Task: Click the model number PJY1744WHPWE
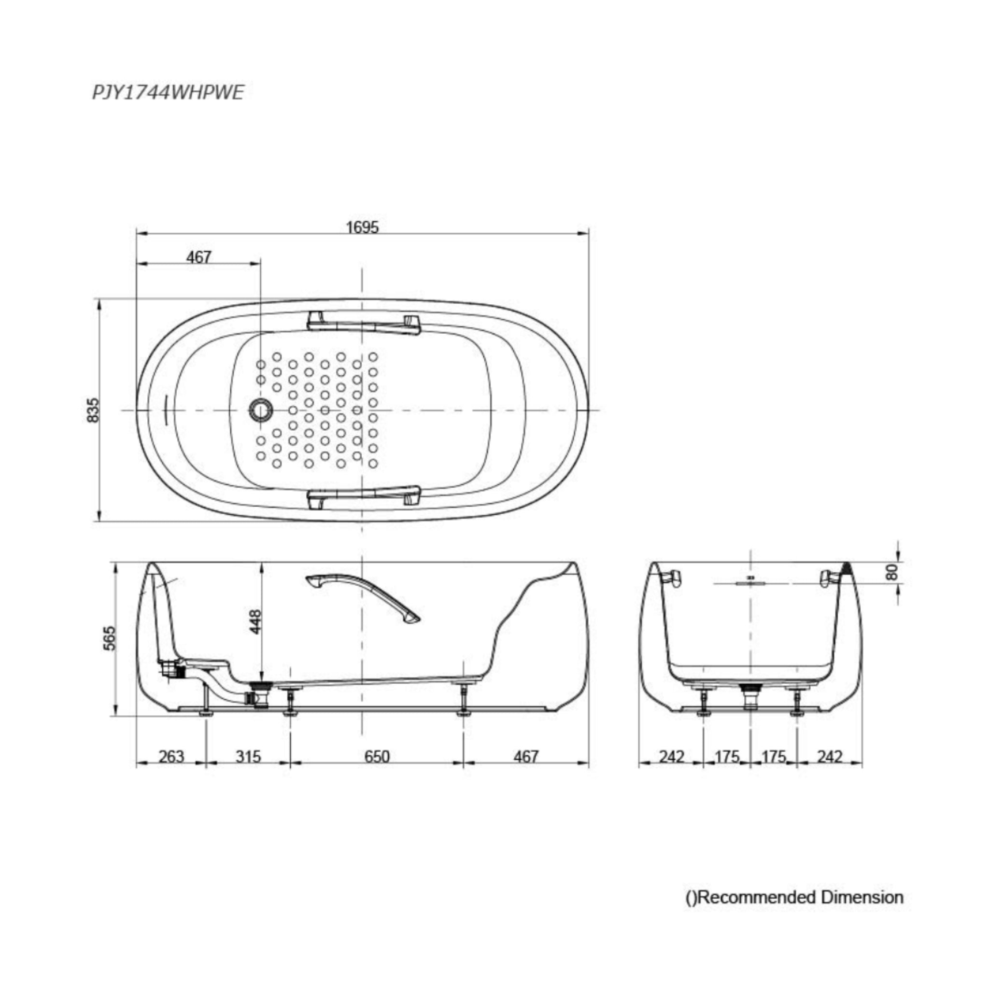(168, 93)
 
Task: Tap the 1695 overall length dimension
(363, 227)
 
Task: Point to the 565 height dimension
(110, 638)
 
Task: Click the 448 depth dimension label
(255, 621)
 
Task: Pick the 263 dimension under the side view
(171, 756)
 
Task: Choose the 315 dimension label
(248, 756)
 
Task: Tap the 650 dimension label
(377, 756)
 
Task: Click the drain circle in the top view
(262, 410)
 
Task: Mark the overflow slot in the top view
(165, 410)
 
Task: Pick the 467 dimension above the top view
(198, 256)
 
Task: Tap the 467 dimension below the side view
(526, 756)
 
